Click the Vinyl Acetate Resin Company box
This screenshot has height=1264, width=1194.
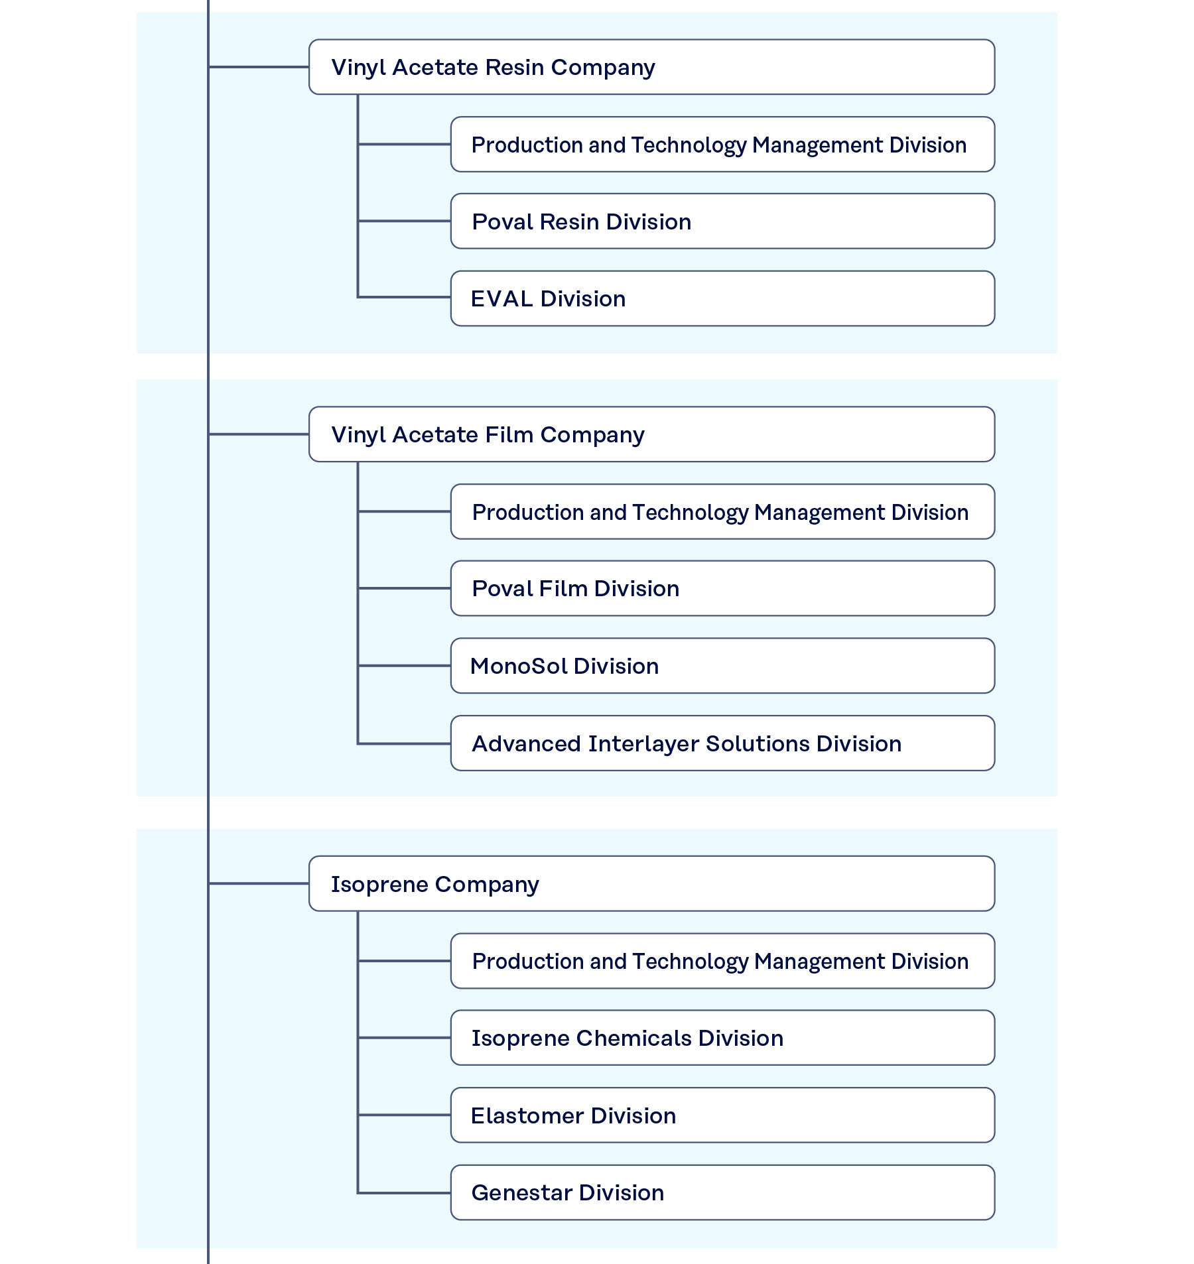pos(651,67)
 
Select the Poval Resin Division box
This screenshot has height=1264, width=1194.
pos(722,221)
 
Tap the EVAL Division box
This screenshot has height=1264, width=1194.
pos(722,298)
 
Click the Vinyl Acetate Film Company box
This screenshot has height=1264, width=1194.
pos(651,434)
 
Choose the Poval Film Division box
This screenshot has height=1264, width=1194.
pos(722,588)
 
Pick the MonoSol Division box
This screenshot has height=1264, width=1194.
pos(722,666)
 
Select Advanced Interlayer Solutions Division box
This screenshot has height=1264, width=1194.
pos(722,743)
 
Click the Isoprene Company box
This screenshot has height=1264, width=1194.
pos(651,884)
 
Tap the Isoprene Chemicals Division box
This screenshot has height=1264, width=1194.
pos(722,1038)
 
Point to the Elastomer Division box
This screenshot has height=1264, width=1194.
pos(722,1115)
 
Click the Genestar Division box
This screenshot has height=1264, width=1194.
pos(722,1192)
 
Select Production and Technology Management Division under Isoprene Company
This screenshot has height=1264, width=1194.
pos(722,961)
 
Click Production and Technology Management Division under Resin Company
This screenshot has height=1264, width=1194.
pos(722,145)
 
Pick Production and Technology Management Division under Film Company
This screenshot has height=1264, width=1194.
pos(722,512)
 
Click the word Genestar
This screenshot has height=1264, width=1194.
pos(514,1193)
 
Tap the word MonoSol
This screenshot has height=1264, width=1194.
pos(518,666)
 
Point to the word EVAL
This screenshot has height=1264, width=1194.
pos(501,299)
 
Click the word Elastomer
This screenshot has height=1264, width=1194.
pos(527,1115)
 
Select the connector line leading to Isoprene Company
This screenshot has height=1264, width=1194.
pos(259,883)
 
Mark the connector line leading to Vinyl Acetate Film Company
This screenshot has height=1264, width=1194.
pos(259,434)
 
